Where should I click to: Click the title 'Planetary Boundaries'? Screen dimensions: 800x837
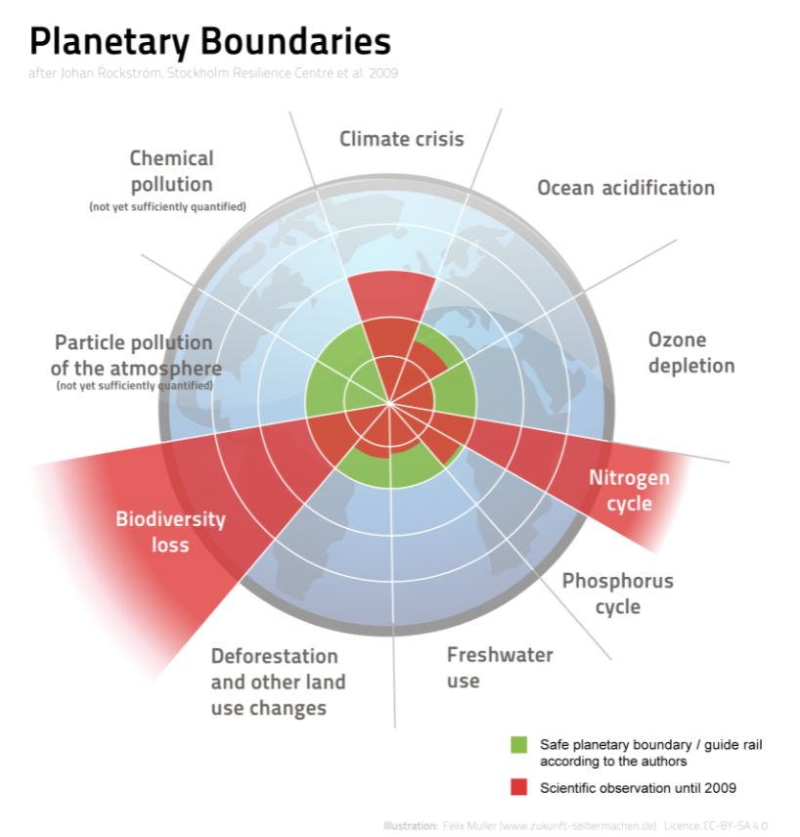click(x=210, y=41)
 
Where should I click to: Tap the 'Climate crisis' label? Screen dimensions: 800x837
click(x=401, y=139)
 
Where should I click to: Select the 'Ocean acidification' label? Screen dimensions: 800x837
click(x=626, y=188)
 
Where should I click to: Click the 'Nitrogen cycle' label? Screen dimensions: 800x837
click(x=629, y=491)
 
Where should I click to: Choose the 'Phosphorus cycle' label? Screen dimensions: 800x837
click(x=617, y=594)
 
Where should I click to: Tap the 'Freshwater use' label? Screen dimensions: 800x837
click(x=500, y=667)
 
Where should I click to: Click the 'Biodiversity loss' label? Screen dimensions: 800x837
click(x=170, y=531)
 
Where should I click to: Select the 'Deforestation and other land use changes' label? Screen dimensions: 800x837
click(x=278, y=682)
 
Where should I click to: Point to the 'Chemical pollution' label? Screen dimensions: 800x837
click(x=171, y=171)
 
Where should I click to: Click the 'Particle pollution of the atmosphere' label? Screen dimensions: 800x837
click(x=133, y=356)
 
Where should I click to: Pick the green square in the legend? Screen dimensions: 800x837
click(x=518, y=745)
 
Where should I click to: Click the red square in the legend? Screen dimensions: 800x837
click(x=518, y=788)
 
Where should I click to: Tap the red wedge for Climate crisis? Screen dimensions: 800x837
click(x=392, y=298)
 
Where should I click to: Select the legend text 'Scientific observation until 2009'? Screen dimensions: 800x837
click(x=638, y=788)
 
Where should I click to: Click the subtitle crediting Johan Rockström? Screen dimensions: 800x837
click(x=213, y=73)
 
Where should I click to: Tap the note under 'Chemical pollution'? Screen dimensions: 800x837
click(x=167, y=207)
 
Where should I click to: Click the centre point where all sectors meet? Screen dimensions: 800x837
click(x=390, y=403)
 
